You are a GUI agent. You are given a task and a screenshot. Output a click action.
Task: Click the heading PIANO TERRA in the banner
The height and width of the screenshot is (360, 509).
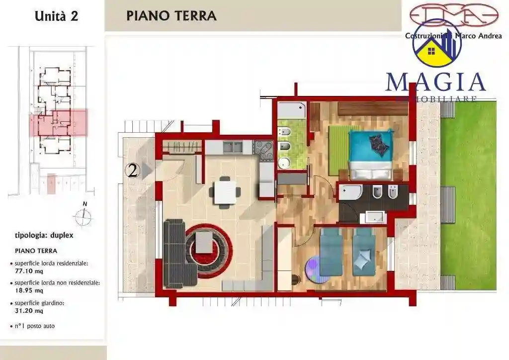tap(171, 15)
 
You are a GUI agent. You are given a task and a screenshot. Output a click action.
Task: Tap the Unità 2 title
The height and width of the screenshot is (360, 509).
tap(56, 15)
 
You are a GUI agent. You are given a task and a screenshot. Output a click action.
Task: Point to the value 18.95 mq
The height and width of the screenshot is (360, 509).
tap(29, 290)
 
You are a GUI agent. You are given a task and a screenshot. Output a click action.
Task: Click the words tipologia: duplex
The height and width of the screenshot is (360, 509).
tap(44, 235)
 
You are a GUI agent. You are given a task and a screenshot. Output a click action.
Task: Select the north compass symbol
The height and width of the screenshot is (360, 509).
tap(85, 215)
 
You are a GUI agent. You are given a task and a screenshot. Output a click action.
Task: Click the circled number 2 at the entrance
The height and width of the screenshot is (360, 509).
tap(132, 171)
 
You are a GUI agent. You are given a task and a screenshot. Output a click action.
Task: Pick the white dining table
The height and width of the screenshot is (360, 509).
tap(225, 192)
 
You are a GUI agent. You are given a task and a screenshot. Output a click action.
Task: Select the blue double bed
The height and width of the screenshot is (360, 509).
tap(370, 154)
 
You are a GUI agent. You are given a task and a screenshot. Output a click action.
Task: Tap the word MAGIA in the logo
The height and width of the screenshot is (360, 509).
tap(435, 82)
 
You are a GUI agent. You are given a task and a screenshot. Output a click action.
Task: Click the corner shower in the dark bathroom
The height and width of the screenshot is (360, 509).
tap(350, 192)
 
